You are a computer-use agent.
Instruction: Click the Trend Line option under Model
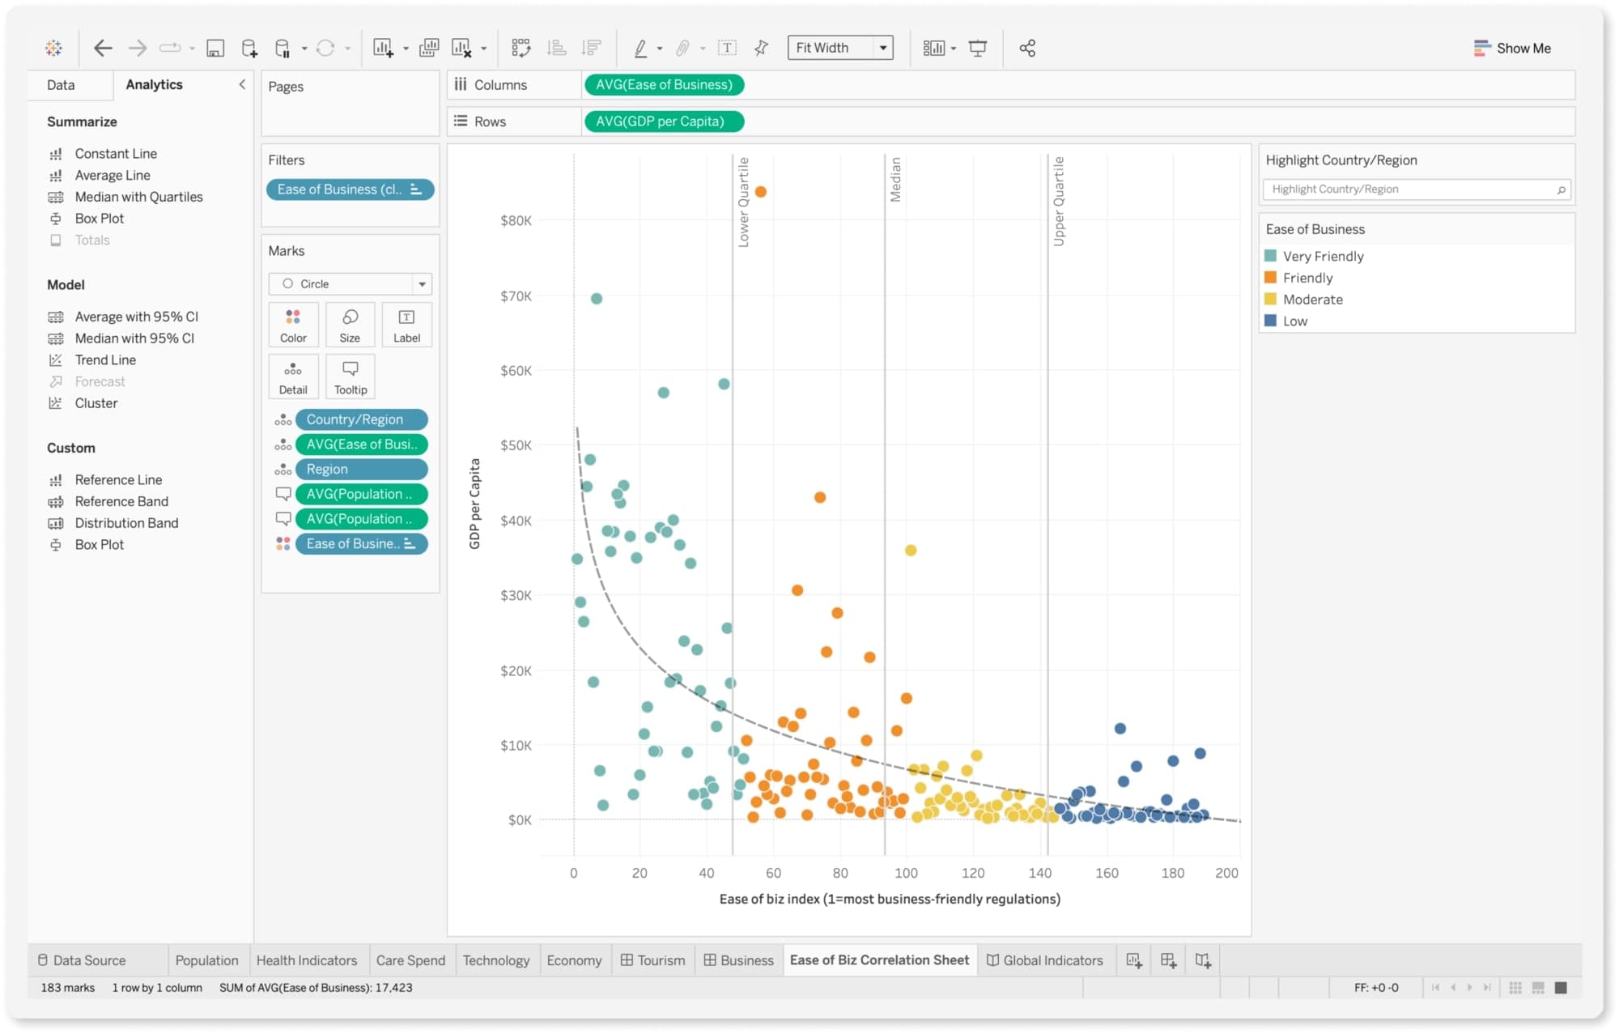pos(105,360)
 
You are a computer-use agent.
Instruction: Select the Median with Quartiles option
pos(138,197)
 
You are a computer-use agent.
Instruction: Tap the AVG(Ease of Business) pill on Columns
pos(663,85)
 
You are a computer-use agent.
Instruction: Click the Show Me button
pos(1512,48)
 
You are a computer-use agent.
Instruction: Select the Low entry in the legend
pos(1294,321)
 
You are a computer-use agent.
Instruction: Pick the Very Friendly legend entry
pos(1323,257)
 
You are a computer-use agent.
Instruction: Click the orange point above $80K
pos(761,192)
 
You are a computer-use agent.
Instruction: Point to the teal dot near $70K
pos(597,299)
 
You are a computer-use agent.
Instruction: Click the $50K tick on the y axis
pos(516,445)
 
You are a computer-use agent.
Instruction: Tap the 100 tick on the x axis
pos(906,873)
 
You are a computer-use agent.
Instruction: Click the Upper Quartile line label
pos(1059,202)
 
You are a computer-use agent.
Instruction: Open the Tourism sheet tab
pos(653,960)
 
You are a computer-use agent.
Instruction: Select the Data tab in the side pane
pos(61,85)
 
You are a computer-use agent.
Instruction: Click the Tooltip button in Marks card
pos(351,377)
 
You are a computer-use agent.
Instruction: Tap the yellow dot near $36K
pos(911,551)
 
